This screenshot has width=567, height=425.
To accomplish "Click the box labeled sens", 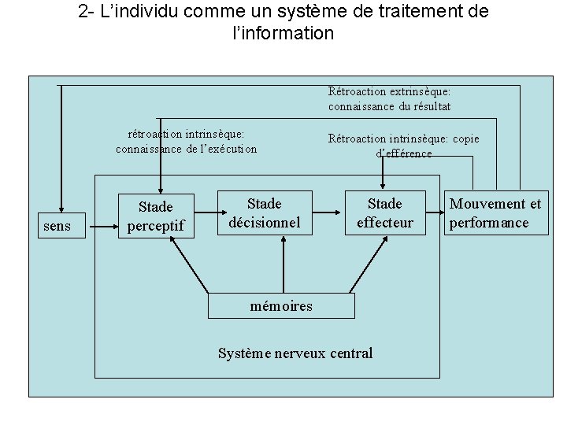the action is pos(57,227).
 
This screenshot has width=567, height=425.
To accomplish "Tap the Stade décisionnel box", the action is pos(264,213).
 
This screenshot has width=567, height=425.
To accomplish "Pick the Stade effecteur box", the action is pos(384,213).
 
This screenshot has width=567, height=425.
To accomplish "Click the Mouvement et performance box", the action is pos(495,213).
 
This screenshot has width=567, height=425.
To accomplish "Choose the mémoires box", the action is pos(281,306).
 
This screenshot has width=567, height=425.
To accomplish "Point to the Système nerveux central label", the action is pos(295,353).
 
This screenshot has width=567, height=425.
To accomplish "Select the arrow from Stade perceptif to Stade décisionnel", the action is pos(206,213).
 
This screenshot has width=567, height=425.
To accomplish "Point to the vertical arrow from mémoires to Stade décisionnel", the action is pos(281,265).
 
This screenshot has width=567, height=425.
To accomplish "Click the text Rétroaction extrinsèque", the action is pos(389,92).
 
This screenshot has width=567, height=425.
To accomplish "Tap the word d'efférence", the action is pos(403,153).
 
